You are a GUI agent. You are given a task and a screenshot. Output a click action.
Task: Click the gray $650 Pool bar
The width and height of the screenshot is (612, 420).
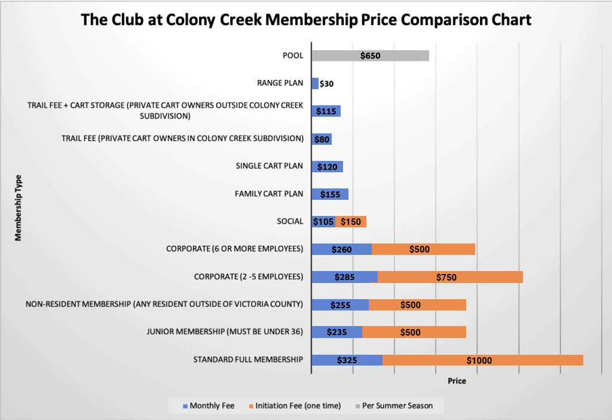tap(370, 56)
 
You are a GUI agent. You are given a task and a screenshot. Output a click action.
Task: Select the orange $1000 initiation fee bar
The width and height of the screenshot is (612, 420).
tap(482, 360)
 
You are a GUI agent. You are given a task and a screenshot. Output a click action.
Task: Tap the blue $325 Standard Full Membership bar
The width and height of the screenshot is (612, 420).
tap(347, 360)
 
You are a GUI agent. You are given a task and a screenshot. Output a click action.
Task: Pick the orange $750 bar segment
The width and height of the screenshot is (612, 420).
tap(450, 277)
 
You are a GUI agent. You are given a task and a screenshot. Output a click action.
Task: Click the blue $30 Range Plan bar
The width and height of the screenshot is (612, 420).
tap(315, 83)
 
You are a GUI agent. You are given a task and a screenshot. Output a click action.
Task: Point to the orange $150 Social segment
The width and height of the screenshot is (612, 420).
tap(350, 221)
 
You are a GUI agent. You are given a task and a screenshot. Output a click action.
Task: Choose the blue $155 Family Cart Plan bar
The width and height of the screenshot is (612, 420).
tap(330, 194)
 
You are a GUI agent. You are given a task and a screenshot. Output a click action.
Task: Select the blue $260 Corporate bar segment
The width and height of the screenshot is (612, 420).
tap(342, 249)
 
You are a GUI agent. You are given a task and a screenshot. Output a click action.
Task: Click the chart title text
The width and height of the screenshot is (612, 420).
tap(306, 20)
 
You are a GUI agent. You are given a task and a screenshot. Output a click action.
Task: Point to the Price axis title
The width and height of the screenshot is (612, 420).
tap(457, 381)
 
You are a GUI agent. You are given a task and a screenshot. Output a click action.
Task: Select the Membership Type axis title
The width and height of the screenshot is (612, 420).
tap(18, 207)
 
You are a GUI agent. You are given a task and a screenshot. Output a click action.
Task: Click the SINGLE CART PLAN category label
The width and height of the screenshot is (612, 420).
tap(270, 166)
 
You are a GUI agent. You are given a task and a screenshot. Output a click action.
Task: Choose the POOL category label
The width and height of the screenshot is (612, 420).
tap(293, 56)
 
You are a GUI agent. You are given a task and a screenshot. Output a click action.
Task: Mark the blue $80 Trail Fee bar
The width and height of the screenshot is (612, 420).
tap(322, 139)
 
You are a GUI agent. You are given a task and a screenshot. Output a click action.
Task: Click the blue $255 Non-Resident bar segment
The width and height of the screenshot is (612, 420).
tap(340, 305)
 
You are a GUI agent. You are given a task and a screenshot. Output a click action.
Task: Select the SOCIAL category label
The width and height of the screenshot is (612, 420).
tap(289, 221)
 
